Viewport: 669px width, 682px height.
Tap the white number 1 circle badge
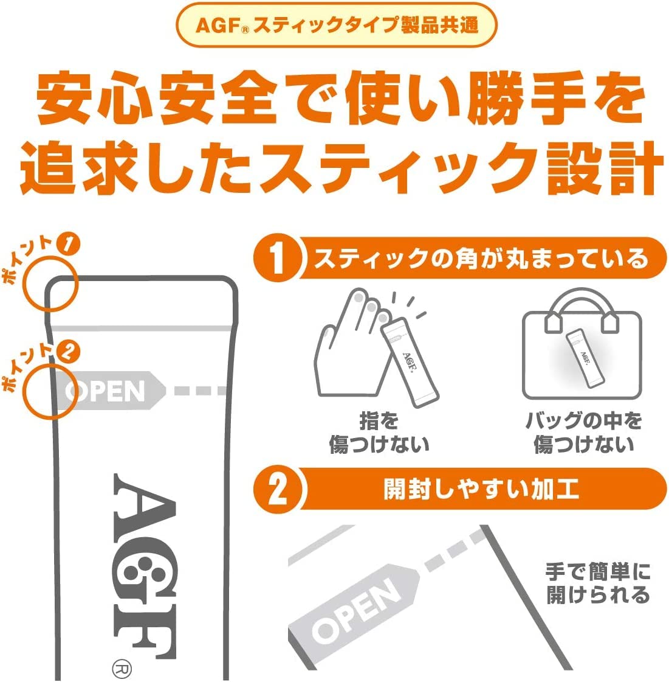(x=278, y=258)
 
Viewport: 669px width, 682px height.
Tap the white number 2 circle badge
(x=278, y=489)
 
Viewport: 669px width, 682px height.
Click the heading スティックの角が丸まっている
(x=481, y=259)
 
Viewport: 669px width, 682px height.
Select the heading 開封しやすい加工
(x=481, y=489)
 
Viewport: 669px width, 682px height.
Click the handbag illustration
(x=582, y=347)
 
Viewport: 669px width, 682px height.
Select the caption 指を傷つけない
(x=378, y=433)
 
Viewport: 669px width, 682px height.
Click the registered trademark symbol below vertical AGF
(x=120, y=669)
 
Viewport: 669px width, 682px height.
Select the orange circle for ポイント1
(x=50, y=283)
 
